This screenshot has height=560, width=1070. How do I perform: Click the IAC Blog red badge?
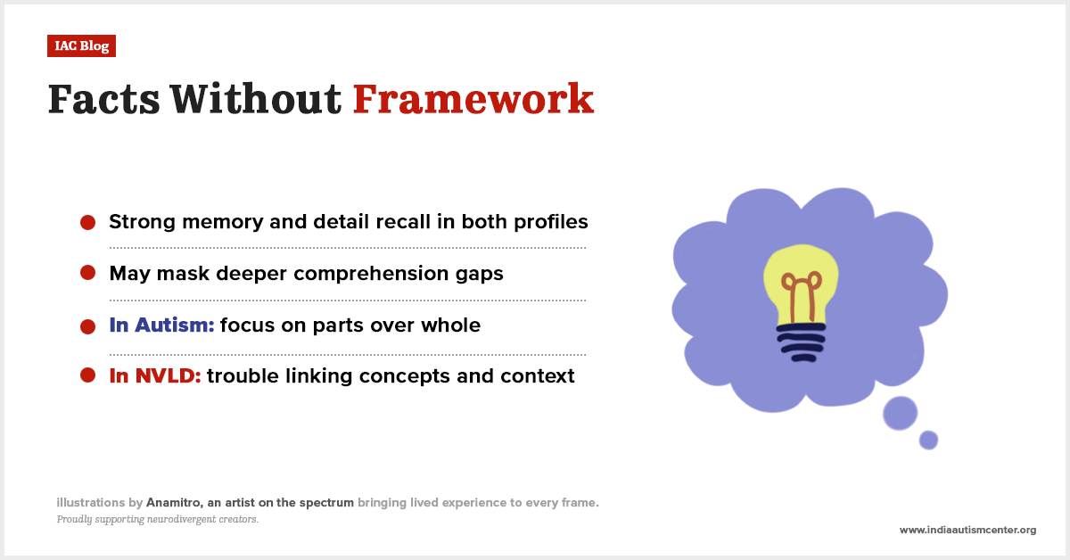[81, 45]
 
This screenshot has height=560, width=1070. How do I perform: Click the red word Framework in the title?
[473, 99]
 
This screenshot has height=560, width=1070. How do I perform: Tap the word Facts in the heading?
[103, 99]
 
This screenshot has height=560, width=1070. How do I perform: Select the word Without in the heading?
[256, 99]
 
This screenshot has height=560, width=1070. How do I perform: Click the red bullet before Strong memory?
[88, 222]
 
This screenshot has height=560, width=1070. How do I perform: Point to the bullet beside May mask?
[88, 273]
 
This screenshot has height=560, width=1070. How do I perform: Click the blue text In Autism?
[161, 325]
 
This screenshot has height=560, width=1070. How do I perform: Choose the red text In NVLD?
[155, 376]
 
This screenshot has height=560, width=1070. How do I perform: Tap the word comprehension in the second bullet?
[371, 274]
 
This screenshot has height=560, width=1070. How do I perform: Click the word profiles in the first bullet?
[551, 222]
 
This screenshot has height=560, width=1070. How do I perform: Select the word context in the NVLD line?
[538, 376]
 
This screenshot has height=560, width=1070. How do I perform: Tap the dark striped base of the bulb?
[802, 342]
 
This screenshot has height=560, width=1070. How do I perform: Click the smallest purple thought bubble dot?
[928, 441]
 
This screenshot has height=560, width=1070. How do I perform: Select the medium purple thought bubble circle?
[900, 413]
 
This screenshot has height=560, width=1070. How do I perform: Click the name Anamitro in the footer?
[175, 503]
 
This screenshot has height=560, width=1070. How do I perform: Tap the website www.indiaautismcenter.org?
[967, 530]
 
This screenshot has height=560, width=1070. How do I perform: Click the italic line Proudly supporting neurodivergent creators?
[158, 519]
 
